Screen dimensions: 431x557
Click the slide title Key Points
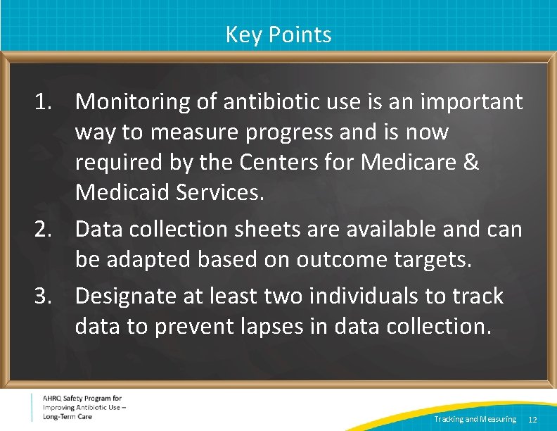pos(278,35)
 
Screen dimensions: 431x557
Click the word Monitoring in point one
pos(132,102)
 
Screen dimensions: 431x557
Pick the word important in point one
pos(472,102)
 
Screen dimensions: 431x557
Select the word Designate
pos(124,296)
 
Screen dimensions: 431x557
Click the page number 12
pos(532,420)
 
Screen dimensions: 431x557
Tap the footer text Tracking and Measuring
pos(475,420)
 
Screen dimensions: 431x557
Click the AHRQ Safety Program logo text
pos(82,408)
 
